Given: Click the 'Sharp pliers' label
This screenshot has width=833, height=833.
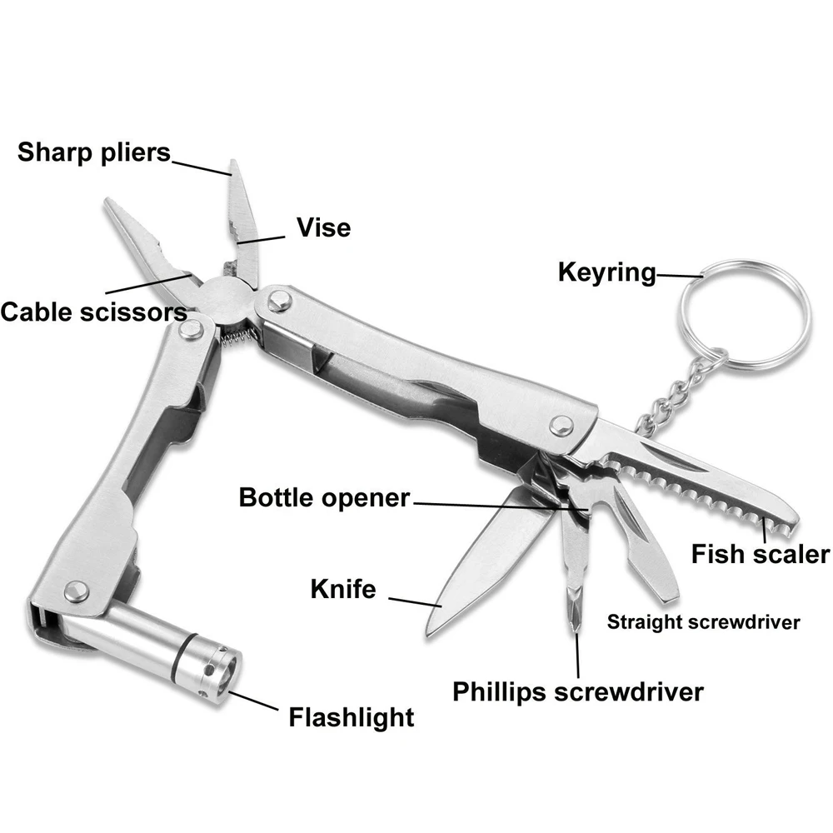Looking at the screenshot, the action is [94, 152].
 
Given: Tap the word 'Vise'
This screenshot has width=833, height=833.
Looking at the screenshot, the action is [323, 227].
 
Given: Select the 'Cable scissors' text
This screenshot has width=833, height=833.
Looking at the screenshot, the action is [93, 312].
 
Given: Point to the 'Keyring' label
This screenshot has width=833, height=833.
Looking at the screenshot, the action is [607, 273].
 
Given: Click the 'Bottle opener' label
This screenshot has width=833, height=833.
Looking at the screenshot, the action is [324, 498].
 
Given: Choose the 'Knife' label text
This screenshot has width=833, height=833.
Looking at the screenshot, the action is [343, 589].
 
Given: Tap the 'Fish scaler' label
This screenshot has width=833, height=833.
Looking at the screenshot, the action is [761, 554].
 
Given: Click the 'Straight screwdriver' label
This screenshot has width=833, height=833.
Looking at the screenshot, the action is [703, 622].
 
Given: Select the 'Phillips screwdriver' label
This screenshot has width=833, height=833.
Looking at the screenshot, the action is [578, 692].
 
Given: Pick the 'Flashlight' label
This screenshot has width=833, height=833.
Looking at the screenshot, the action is [352, 717].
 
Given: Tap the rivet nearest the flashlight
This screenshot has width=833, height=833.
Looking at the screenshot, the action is [76, 591].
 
